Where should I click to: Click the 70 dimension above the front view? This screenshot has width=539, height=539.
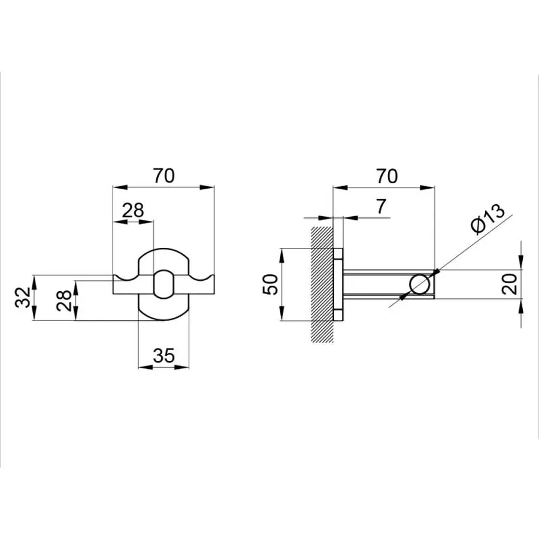pos(163,176)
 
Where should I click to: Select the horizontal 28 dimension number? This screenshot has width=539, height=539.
pos(134,210)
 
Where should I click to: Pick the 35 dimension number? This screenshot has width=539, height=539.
pos(163,356)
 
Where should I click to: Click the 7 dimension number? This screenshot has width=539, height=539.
pos(382,207)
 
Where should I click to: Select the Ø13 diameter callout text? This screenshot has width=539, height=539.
pos(487,220)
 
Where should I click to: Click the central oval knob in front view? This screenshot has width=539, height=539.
pos(163,284)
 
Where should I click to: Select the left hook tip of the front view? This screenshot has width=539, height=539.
pos(116,278)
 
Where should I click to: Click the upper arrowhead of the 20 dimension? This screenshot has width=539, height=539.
pos(522,264)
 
